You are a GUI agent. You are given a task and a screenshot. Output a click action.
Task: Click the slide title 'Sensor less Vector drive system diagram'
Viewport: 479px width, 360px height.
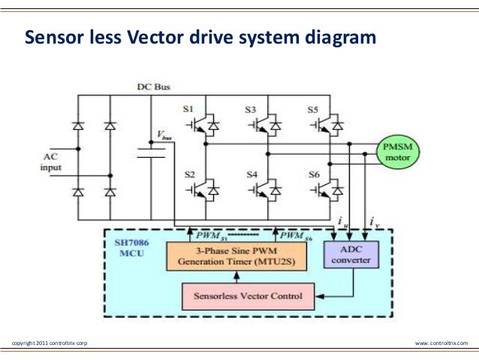click(199, 37)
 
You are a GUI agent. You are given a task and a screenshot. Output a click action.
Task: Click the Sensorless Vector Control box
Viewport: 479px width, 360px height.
click(249, 296)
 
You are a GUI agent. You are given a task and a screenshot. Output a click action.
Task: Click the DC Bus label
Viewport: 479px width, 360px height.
click(152, 87)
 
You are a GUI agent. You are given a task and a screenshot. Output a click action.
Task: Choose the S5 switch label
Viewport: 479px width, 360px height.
click(313, 110)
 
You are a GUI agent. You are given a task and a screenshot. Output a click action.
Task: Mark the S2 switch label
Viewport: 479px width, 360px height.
click(189, 174)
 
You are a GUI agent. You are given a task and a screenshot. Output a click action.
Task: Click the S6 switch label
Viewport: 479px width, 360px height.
click(314, 174)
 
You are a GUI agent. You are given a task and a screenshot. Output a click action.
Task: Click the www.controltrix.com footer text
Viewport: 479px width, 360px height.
click(441, 343)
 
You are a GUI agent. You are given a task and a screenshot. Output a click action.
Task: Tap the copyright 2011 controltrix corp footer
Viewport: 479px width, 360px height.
click(50, 343)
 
